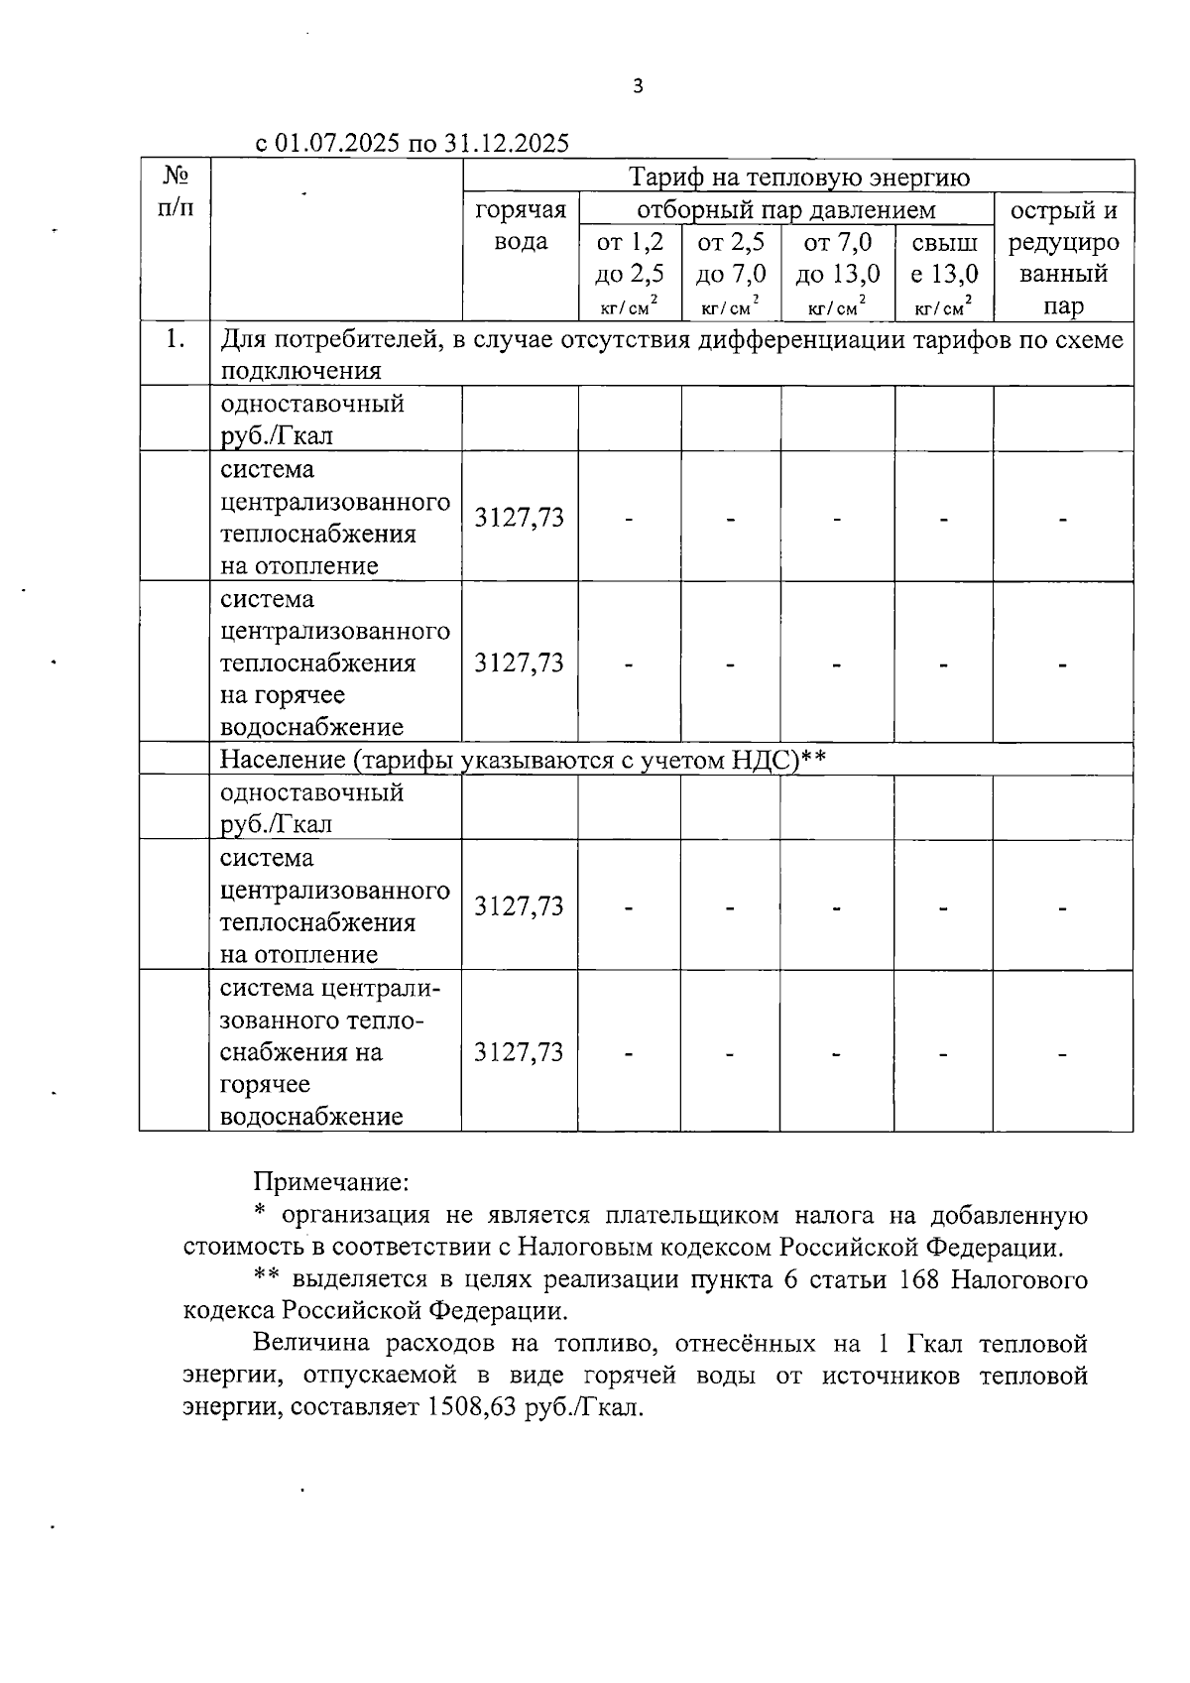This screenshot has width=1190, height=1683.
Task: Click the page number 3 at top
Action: click(638, 86)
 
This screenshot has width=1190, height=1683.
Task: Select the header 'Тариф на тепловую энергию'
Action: click(798, 178)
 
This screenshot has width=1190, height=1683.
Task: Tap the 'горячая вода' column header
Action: click(521, 226)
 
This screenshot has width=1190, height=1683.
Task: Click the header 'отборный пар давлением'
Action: click(785, 210)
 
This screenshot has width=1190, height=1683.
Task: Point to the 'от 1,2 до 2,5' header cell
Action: click(630, 272)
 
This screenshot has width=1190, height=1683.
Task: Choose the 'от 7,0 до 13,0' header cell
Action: click(837, 272)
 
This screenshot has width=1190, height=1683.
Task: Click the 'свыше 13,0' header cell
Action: click(944, 272)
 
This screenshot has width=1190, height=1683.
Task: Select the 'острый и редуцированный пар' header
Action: click(1063, 258)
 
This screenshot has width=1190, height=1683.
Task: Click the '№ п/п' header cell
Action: click(176, 191)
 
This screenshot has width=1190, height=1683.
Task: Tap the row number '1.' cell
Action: click(176, 339)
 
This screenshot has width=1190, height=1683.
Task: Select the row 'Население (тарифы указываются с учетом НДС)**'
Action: click(523, 760)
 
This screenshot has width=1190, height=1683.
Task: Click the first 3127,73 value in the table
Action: click(520, 517)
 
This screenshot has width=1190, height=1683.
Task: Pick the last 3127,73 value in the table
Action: click(520, 1052)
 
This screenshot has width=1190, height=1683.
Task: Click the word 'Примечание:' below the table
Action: click(331, 1182)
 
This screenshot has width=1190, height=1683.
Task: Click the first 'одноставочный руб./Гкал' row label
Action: click(312, 420)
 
